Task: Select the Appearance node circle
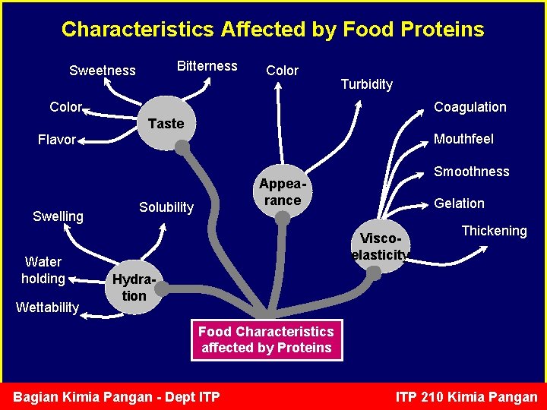tap(282, 192)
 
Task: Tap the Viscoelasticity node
tap(380, 246)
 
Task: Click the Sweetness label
tap(102, 71)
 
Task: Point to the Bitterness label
tap(207, 66)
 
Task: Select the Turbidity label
tap(366, 84)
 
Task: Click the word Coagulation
tap(470, 107)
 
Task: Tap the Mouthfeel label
tap(463, 139)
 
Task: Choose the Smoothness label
tap(471, 172)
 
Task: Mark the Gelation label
tap(459, 203)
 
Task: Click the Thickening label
tap(494, 231)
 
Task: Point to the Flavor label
tap(57, 140)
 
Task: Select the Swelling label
tap(58, 216)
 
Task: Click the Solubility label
tap(166, 207)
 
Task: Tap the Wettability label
tap(47, 307)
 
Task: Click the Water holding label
tap(43, 270)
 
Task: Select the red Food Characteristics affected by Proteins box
tap(266, 339)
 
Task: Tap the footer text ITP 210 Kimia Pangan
tap(466, 397)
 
